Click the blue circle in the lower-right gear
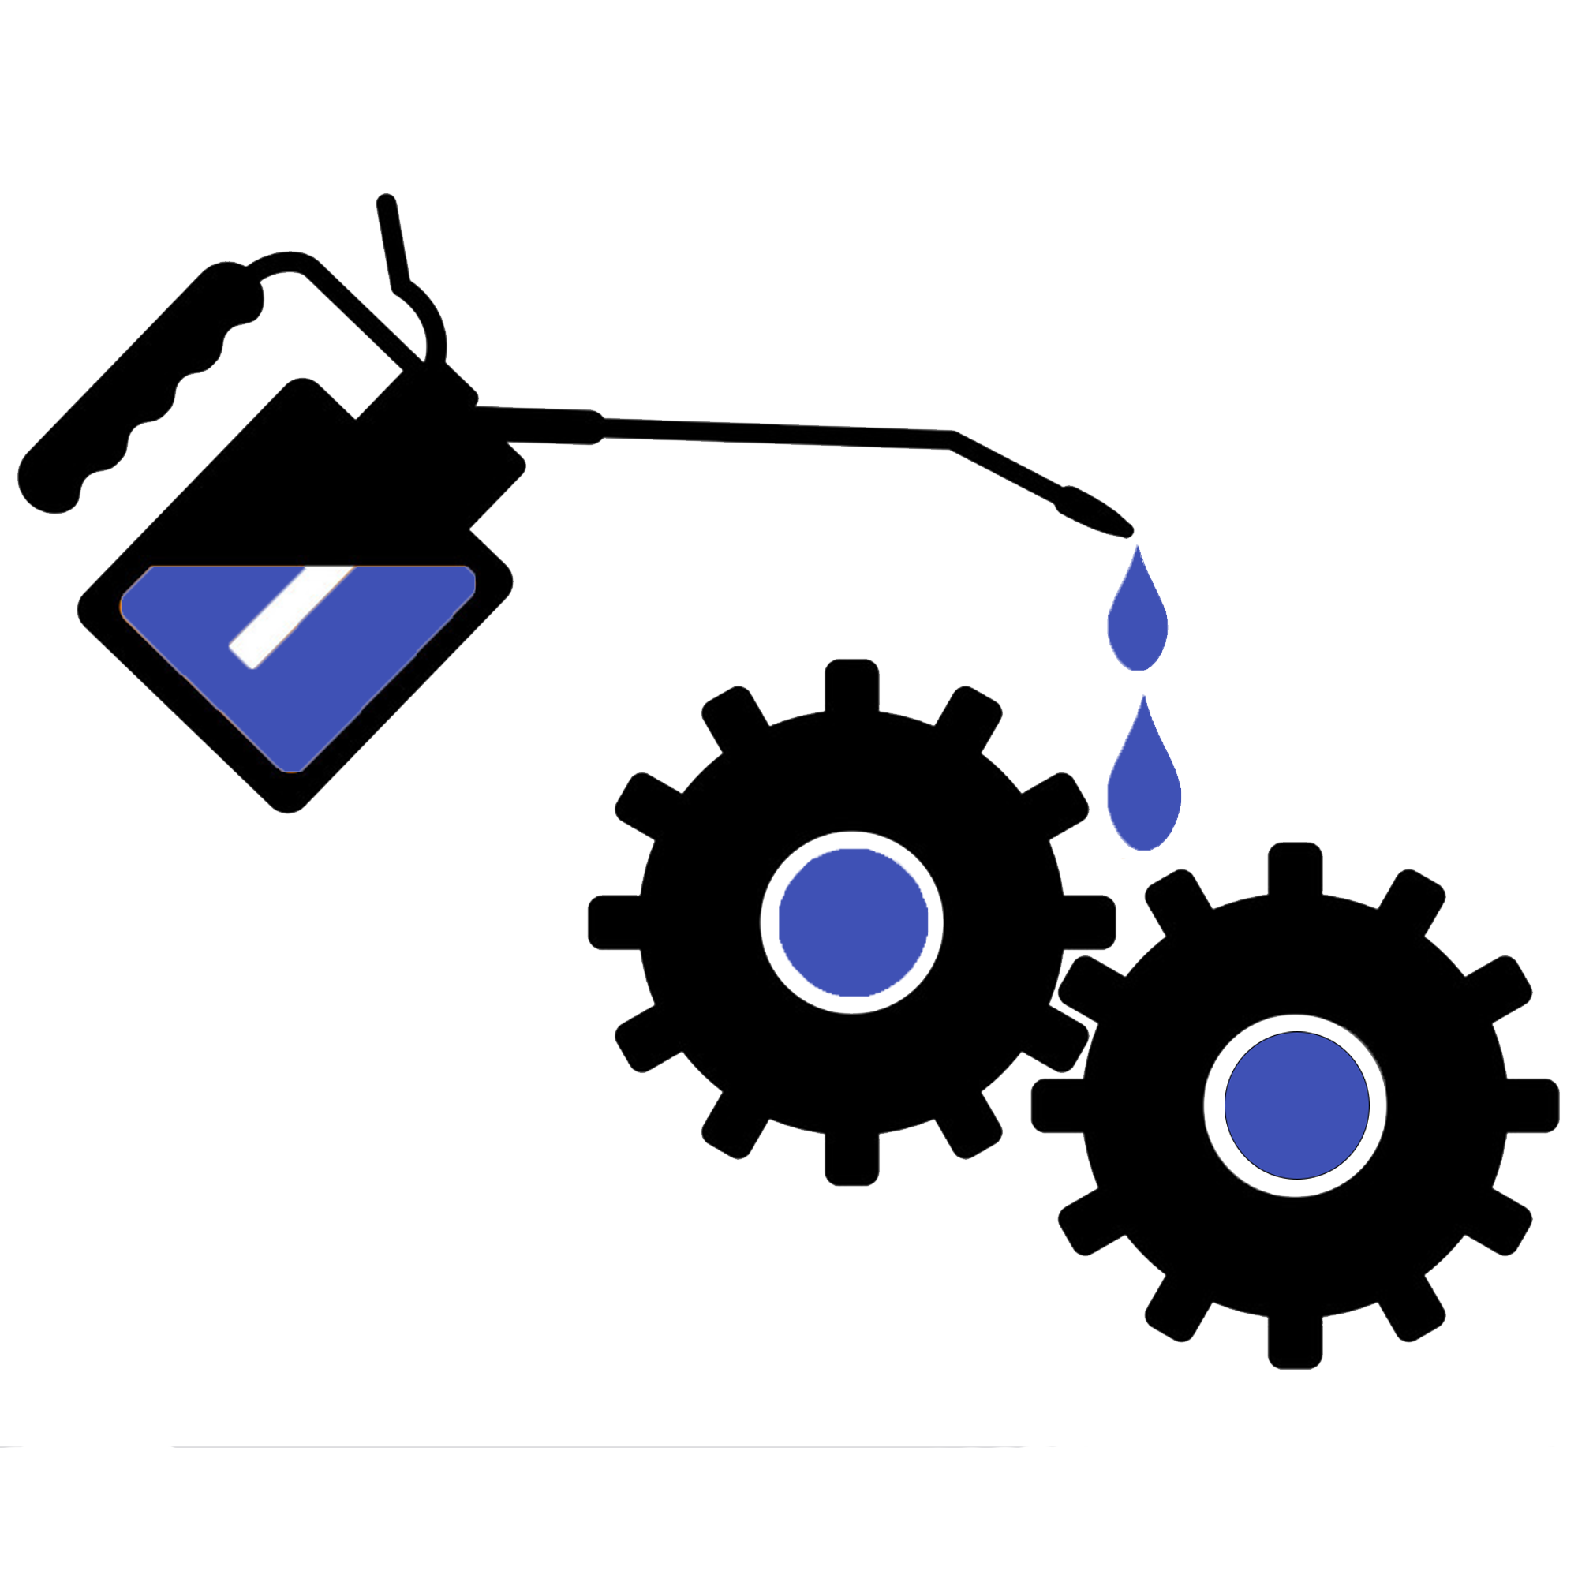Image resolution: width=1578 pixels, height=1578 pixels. pos(1296,1105)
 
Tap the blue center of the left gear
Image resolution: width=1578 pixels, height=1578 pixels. pos(852,922)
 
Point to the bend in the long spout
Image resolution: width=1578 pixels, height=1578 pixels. pos(952,440)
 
